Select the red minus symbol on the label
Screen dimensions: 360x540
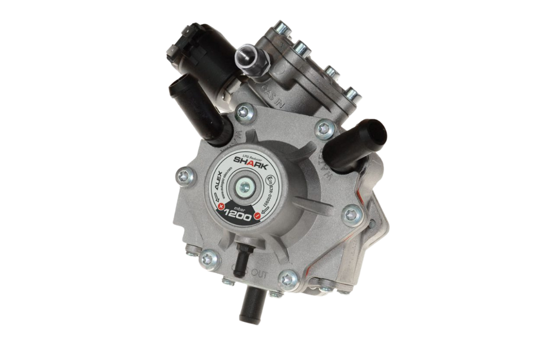click(x=258, y=215)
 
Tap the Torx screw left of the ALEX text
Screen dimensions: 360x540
click(x=185, y=174)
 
